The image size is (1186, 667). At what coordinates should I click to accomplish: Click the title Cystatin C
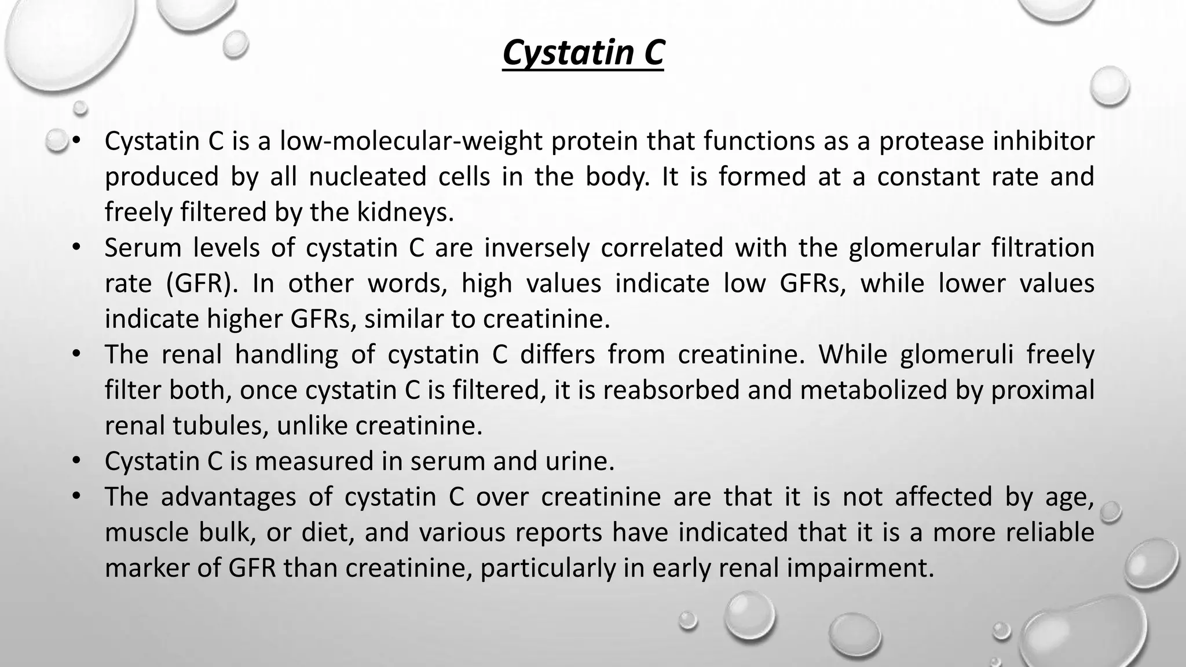click(x=583, y=53)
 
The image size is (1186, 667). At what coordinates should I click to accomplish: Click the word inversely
click(x=537, y=248)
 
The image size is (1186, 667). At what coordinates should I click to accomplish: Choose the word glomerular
click(x=914, y=248)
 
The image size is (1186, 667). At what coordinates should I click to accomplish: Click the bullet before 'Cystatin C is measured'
click(x=75, y=461)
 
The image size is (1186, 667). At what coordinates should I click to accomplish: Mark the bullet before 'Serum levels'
click(x=75, y=248)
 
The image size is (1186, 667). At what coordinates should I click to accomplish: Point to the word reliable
click(x=1049, y=533)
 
